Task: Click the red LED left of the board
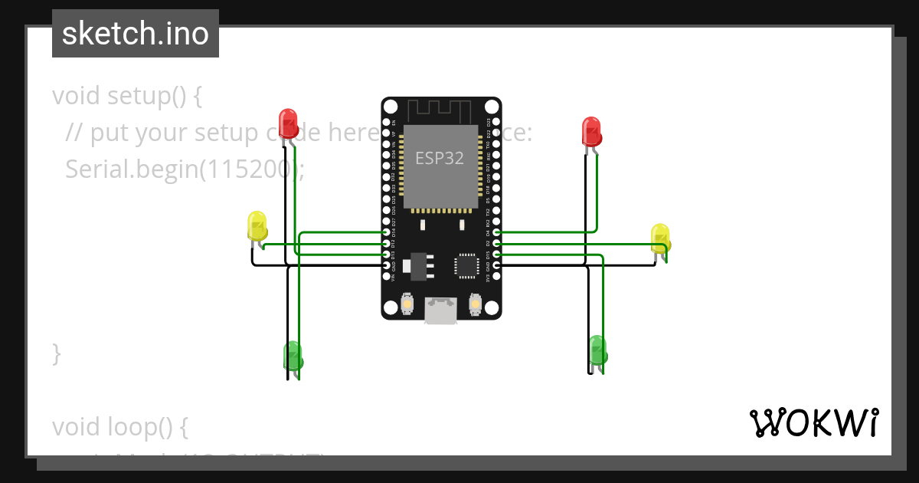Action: (288, 124)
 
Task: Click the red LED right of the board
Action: (591, 132)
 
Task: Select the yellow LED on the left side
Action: (257, 227)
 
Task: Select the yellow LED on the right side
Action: (659, 238)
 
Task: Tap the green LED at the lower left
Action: (293, 356)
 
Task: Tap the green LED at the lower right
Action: (597, 350)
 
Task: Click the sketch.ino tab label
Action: (136, 34)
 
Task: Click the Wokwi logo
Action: (813, 422)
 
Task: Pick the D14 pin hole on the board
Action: (386, 232)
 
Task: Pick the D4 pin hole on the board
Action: (496, 232)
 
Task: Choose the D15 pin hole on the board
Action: (496, 254)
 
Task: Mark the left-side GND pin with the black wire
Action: (386, 265)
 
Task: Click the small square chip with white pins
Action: (466, 265)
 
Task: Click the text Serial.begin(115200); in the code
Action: (184, 169)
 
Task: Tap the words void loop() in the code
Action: (119, 426)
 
